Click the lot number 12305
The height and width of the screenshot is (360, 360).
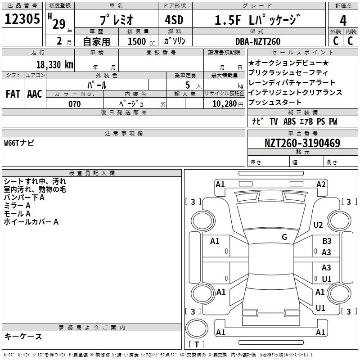point(22,19)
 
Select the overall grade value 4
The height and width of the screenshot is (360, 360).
point(343,21)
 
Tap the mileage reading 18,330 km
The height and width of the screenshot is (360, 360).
point(55,65)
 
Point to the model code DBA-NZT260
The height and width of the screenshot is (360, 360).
point(258,41)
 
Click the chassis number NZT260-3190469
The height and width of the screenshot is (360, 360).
point(302,143)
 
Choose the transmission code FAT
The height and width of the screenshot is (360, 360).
point(13,94)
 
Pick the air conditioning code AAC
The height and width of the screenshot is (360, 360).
point(35,94)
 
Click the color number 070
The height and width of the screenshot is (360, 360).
point(75,104)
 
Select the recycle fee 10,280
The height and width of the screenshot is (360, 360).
point(225,104)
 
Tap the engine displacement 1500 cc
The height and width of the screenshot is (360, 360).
point(141,41)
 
